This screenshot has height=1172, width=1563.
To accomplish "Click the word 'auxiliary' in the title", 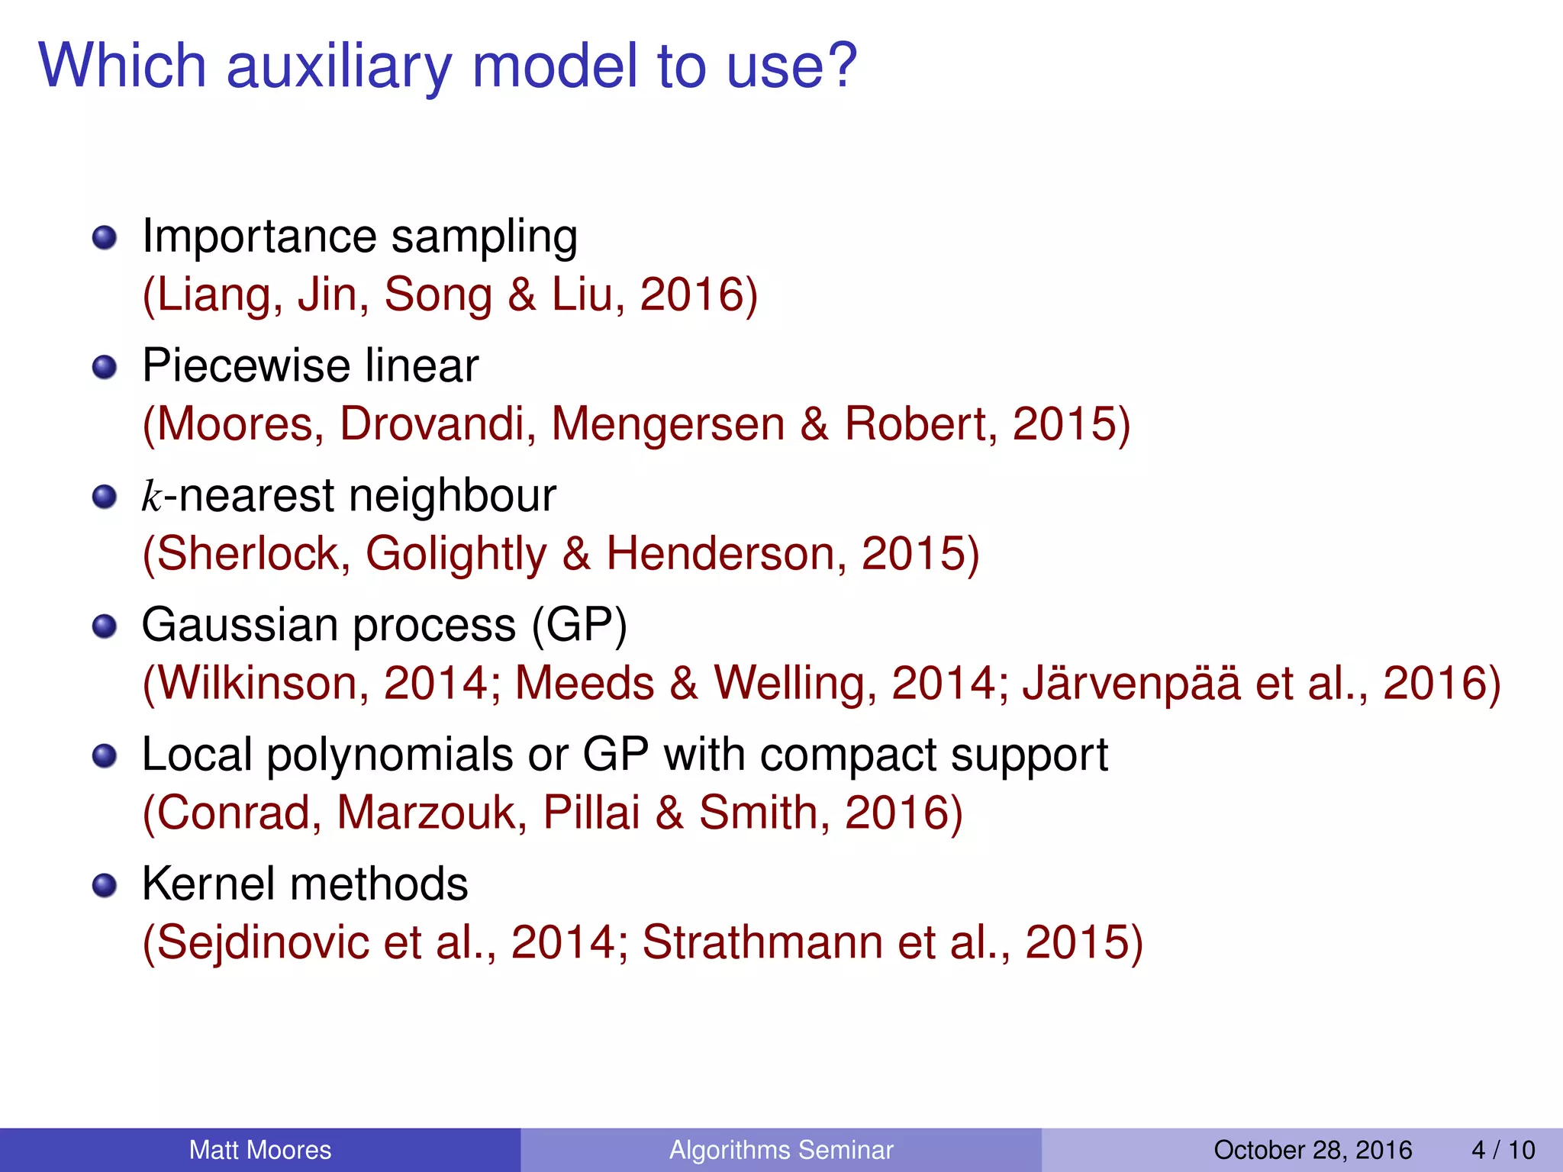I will (340, 67).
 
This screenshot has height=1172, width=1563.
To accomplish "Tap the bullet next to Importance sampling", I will (105, 238).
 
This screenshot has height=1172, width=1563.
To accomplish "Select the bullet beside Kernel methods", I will (105, 886).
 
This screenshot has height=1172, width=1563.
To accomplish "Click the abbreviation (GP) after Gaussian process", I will (579, 626).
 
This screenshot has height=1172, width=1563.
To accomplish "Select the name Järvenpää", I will (1131, 683).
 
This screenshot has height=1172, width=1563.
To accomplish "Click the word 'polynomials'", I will (389, 755).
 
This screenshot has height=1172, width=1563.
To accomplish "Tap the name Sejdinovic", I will (263, 942).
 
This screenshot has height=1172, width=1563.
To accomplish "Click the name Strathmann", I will (762, 942).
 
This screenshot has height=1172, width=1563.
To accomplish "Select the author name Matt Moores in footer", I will (260, 1150).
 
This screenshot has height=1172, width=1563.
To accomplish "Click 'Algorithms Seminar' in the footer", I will (781, 1150).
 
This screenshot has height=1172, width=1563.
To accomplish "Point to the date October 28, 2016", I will (1313, 1150).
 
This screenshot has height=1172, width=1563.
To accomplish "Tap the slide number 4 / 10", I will (1503, 1150).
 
